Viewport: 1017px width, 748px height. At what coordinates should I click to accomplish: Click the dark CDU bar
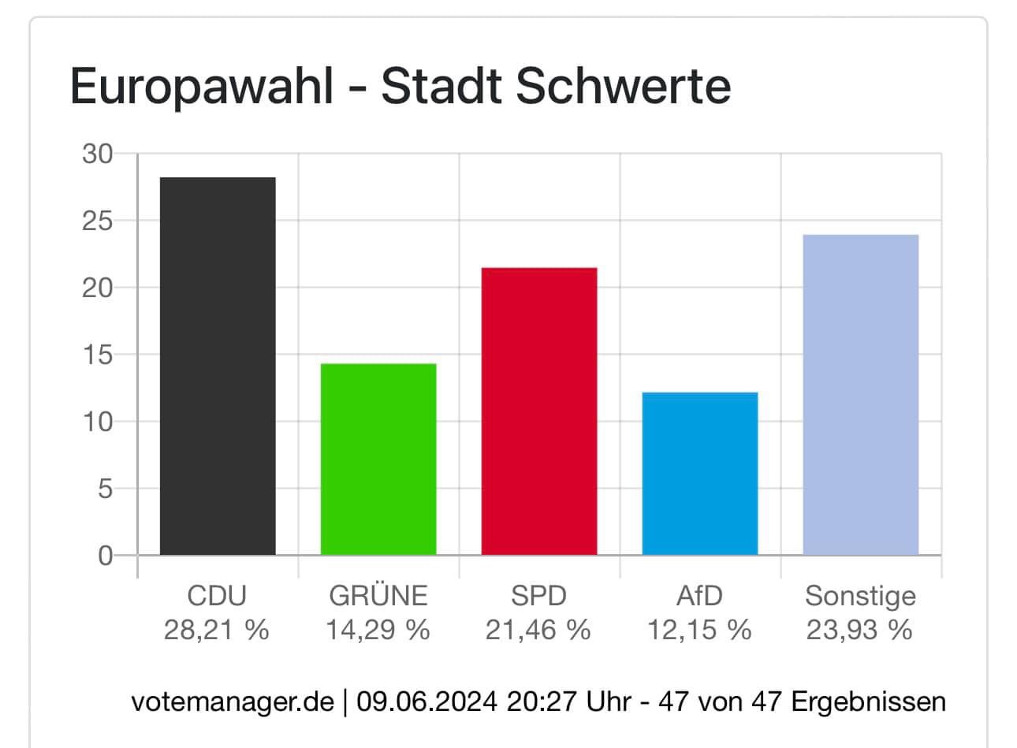218,366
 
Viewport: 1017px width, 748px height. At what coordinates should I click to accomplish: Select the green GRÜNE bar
378,459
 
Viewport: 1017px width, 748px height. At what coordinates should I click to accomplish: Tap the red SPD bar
539,411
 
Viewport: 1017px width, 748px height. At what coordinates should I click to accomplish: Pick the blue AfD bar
700,473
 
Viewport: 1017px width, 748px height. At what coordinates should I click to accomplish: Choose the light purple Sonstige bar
861,394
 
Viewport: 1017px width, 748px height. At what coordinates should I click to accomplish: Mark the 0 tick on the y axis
105,556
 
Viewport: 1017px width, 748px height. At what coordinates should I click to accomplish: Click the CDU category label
217,596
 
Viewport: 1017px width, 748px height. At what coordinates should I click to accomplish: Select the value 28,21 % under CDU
217,630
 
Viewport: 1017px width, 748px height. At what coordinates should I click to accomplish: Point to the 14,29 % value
378,630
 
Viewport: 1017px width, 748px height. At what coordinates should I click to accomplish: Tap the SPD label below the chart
538,596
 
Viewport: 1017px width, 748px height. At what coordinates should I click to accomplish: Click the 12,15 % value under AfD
699,630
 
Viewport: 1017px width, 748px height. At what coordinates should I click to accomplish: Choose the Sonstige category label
860,596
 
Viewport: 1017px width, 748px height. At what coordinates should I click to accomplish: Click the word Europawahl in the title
202,87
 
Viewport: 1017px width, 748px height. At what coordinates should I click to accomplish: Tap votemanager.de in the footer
233,701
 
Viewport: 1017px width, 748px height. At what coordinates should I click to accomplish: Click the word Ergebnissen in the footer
868,701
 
